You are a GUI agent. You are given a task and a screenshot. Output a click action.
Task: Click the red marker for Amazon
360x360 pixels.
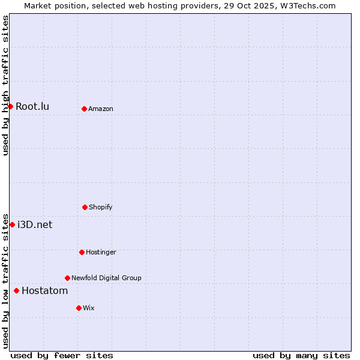tap(84, 109)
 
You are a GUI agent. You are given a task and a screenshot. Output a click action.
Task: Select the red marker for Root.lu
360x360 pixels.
tap(10, 106)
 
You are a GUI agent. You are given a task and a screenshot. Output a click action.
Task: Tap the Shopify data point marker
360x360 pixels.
tap(85, 207)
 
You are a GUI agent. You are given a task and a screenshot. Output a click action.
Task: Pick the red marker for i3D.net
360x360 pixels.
tap(12, 224)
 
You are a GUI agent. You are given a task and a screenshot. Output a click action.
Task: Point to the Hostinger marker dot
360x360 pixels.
tap(82, 252)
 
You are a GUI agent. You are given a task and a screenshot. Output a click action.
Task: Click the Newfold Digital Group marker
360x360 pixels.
tap(67, 278)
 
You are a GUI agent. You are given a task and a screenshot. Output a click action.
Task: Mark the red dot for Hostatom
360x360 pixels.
tap(16, 290)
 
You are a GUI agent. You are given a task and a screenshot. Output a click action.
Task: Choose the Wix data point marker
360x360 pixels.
tap(79, 308)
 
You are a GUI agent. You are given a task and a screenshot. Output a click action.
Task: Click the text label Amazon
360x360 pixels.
tap(101, 109)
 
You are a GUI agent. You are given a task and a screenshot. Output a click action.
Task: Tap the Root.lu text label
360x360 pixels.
tap(32, 106)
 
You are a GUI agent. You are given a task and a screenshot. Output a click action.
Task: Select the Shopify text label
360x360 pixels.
tap(101, 207)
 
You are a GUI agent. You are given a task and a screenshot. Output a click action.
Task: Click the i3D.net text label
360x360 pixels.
tap(35, 224)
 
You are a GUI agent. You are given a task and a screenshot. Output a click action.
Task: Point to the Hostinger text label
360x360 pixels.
tap(101, 252)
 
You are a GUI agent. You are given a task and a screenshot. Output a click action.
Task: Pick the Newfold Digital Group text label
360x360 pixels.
tap(106, 278)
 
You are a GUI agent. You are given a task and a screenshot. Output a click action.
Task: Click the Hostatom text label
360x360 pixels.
tap(44, 290)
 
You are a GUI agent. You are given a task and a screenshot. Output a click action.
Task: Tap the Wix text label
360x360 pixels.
tap(89, 308)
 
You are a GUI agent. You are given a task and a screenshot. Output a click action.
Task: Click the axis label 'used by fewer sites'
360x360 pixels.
tap(62, 355)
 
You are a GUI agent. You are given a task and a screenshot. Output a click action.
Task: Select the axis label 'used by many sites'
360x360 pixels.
tap(301, 355)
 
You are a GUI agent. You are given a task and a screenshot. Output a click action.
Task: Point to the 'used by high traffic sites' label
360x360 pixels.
tap(5, 85)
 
